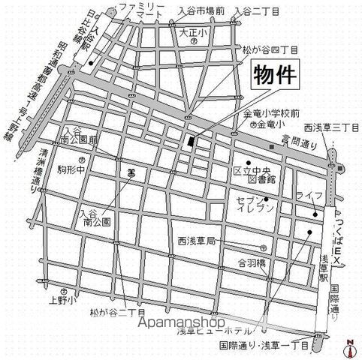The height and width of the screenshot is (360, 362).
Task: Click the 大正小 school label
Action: tap(193, 33)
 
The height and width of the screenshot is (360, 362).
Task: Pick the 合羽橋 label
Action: tap(252, 262)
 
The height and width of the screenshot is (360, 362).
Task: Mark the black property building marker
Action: tap(191, 142)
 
